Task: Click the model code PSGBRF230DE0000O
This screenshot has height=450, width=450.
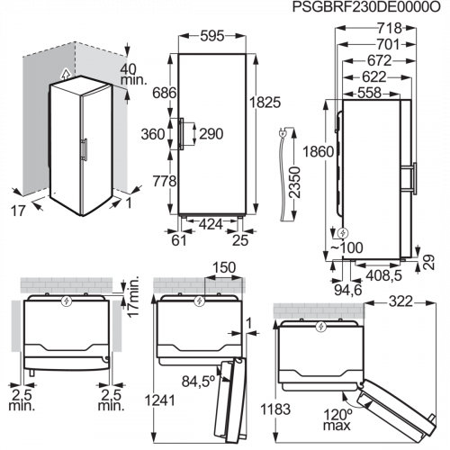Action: (x=366, y=7)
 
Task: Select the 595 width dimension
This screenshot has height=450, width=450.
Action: (x=212, y=36)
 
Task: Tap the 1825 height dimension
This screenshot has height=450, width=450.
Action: (x=265, y=103)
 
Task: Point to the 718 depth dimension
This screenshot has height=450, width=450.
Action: (x=390, y=28)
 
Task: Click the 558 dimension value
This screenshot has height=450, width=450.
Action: (x=369, y=93)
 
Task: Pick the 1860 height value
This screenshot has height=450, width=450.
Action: (x=319, y=152)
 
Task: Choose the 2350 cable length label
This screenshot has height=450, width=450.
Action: (x=294, y=183)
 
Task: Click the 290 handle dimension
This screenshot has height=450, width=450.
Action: (x=211, y=134)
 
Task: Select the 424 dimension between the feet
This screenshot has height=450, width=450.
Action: (x=211, y=224)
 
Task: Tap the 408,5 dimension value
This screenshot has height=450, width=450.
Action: (x=383, y=275)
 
